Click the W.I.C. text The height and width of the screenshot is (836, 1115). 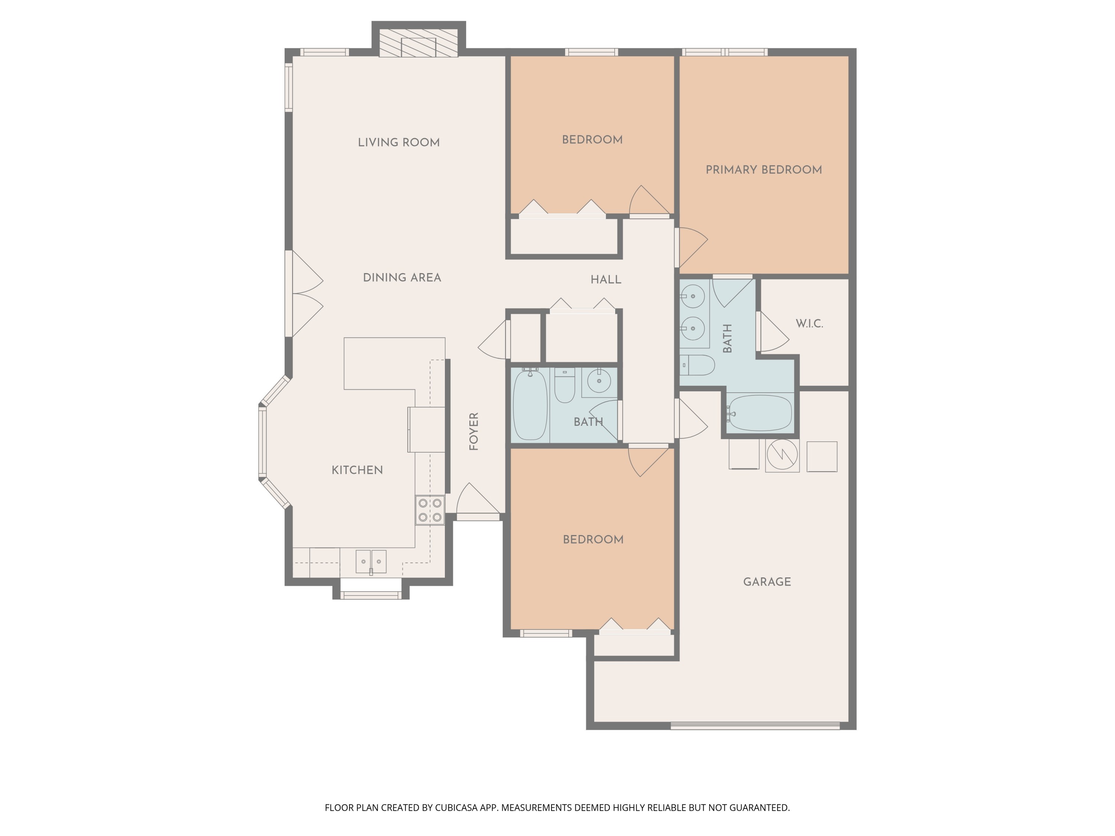[x=809, y=324]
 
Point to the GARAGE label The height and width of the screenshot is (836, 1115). [x=767, y=582]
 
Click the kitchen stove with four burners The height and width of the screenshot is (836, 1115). [x=430, y=510]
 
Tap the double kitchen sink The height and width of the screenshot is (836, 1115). [x=371, y=561]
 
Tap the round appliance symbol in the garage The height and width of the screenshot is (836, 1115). [x=782, y=456]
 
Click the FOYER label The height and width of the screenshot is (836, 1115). [x=474, y=431]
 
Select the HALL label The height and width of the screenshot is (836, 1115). [x=605, y=280]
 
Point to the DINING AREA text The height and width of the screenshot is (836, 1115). [x=402, y=278]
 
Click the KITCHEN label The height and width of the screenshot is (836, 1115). [x=357, y=470]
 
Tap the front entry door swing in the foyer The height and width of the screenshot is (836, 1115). [x=476, y=500]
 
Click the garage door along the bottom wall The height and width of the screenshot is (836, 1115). [x=754, y=726]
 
